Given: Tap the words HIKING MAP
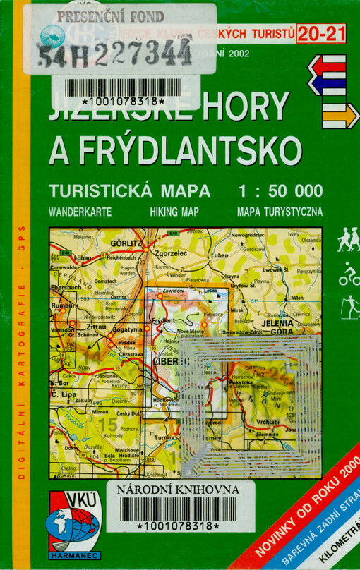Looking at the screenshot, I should tap(174, 211).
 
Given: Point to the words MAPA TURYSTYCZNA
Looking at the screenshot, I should tap(280, 211).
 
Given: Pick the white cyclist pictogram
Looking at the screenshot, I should tap(349, 274).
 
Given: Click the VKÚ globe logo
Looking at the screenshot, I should tap(73, 525).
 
